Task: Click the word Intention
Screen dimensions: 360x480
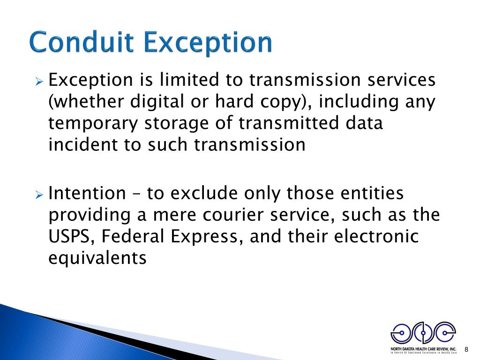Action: pyautogui.click(x=87, y=193)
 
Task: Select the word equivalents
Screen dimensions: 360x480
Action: pyautogui.click(x=97, y=258)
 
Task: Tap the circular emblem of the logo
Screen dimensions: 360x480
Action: pyautogui.click(x=423, y=333)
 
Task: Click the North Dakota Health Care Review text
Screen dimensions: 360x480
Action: pyautogui.click(x=423, y=349)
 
